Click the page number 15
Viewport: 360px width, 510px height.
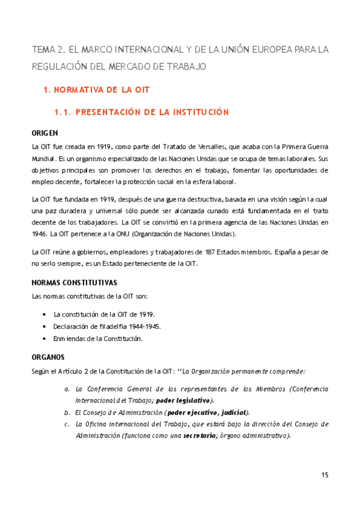tap(325, 475)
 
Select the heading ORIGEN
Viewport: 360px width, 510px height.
tap(44, 133)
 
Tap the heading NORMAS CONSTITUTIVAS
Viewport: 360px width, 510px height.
tap(74, 283)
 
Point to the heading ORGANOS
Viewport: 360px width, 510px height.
tap(47, 357)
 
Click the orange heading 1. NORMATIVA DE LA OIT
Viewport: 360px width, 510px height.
tap(97, 90)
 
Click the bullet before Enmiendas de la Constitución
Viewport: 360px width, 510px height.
tap(45, 339)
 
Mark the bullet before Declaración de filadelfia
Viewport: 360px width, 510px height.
tap(45, 327)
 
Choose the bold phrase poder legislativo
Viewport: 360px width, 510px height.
tap(183, 401)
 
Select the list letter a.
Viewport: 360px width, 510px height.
tap(67, 389)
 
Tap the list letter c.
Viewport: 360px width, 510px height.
tap(67, 424)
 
